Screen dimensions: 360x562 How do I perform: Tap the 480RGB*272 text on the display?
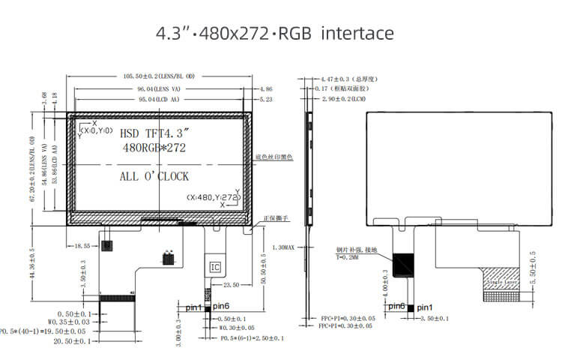[x=153, y=148]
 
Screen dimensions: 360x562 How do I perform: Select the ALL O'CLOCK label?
[x=154, y=177]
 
